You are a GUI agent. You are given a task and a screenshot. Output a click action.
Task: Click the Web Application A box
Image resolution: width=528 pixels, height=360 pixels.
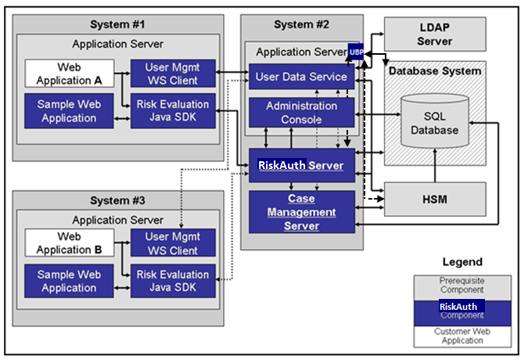69,74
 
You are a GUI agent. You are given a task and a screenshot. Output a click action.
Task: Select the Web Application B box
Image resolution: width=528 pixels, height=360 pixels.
69,243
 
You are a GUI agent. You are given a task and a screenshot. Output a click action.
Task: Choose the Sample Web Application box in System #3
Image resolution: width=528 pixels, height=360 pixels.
69,281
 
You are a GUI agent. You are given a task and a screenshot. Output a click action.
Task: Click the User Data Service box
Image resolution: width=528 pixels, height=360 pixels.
301,77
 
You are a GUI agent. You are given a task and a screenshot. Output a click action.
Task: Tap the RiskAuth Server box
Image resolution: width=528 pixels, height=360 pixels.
301,165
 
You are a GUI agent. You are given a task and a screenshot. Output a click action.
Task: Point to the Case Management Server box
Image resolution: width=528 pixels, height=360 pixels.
301,213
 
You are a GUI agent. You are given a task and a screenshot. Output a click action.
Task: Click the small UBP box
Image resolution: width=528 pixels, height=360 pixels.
357,52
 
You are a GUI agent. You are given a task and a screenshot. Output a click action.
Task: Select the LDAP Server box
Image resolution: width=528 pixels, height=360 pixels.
434,34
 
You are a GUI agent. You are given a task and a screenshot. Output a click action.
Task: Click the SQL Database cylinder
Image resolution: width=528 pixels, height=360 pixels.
436,123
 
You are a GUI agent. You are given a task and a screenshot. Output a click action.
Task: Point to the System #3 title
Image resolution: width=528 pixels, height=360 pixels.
117,201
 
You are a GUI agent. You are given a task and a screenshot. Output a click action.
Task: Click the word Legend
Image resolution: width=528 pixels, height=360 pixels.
462,261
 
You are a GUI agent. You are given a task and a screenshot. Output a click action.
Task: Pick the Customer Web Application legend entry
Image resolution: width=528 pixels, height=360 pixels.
462,337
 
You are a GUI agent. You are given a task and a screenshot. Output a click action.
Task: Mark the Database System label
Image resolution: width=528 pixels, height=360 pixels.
435,71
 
